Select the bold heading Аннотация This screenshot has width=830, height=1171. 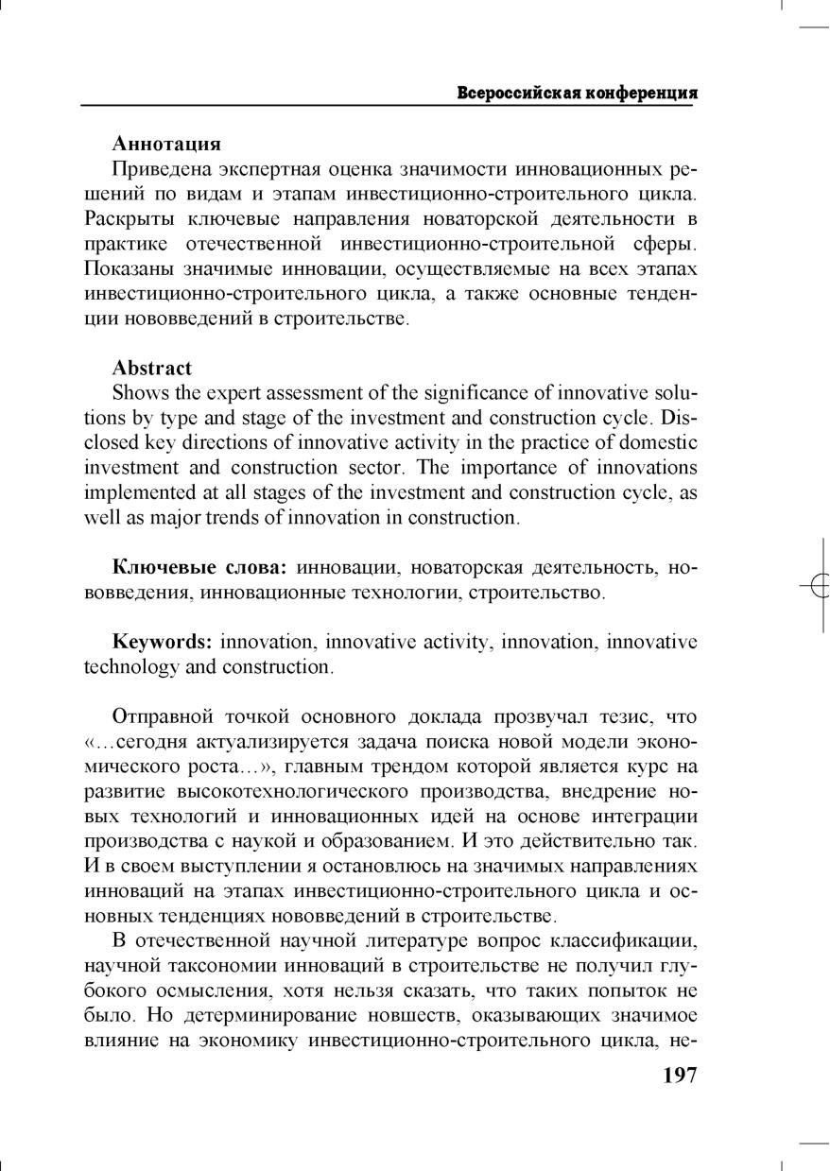pos(166,144)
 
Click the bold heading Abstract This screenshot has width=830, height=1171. pos(152,368)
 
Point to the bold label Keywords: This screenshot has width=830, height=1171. pos(162,642)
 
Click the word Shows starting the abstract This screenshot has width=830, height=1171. pos(138,393)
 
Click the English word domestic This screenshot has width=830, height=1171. pos(661,442)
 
